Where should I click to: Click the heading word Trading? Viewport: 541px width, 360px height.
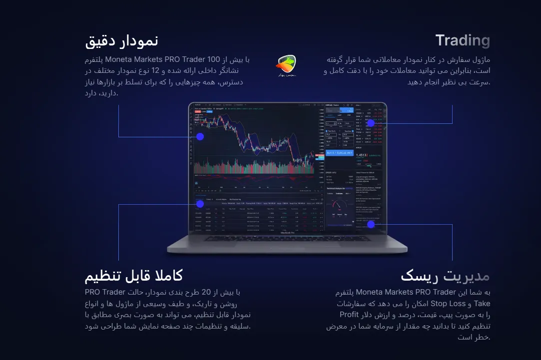point(462,40)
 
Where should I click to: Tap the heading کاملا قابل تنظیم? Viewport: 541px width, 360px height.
point(133,275)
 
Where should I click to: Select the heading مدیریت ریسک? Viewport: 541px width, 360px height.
point(445,276)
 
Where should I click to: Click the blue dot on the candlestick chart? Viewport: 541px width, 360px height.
point(200,136)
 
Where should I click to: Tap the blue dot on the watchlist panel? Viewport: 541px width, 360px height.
point(370,123)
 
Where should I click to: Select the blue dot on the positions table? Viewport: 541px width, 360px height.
point(200,204)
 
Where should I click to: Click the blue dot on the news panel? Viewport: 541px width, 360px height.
point(371,224)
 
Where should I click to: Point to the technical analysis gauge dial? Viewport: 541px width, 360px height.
point(338,206)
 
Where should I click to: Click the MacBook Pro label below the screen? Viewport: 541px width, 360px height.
point(287,232)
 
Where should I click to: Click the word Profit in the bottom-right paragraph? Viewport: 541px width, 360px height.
point(349,315)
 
